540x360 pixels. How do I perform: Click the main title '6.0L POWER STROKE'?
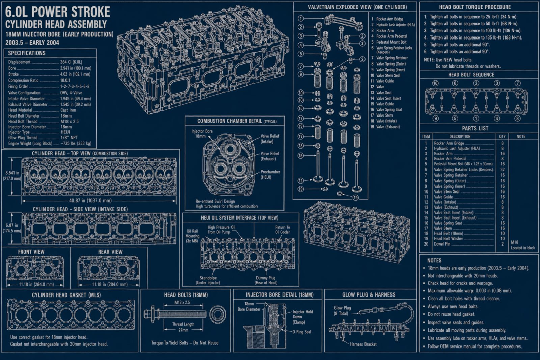[58, 12]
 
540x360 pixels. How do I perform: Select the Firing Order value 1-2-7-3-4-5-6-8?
[75, 86]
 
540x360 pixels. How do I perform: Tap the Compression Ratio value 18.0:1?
[65, 80]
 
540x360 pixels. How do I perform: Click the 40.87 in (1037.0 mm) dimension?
[90, 200]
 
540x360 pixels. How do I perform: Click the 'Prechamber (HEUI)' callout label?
[270, 174]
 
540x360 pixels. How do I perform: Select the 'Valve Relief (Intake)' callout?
[270, 139]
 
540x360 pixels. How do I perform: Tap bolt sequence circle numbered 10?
[435, 83]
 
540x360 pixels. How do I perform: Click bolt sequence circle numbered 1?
[476, 119]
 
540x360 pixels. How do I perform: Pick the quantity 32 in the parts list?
[502, 170]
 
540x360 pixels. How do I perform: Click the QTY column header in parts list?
[502, 136]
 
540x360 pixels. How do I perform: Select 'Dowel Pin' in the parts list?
[442, 244]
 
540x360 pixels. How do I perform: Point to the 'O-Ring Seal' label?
[302, 332]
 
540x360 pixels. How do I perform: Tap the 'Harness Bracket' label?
[363, 344]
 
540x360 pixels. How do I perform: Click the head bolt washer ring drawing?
[217, 314]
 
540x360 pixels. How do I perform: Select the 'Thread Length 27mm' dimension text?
[183, 327]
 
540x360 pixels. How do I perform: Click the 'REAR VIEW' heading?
[110, 252]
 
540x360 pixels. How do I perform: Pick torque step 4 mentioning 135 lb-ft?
[473, 37]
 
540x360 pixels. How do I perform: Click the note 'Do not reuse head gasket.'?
[451, 314]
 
